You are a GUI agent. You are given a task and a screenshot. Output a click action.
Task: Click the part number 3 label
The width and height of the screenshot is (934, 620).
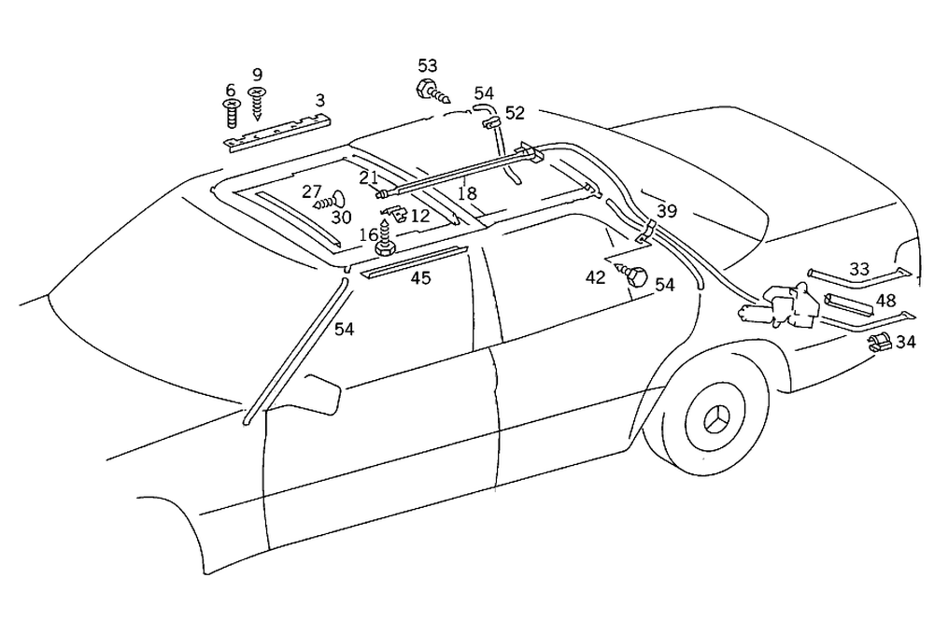point(320,100)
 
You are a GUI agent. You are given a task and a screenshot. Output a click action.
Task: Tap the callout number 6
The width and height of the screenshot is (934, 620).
point(230,91)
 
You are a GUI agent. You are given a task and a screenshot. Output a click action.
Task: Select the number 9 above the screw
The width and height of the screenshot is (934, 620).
point(257,74)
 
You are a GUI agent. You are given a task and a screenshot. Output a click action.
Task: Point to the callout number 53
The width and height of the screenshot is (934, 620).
point(427,65)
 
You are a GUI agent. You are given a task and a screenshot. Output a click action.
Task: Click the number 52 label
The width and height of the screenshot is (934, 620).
point(515,113)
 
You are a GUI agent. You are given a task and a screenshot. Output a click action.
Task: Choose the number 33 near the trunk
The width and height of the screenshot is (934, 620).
point(859,269)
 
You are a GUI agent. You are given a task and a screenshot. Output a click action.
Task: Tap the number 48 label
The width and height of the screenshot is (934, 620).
point(885,301)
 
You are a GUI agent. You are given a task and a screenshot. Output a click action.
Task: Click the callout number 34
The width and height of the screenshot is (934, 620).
point(905,342)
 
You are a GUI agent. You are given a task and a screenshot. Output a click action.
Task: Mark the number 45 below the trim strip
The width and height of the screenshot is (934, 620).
point(421,278)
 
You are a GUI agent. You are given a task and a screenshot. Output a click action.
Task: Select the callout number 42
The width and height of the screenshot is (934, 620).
point(595,276)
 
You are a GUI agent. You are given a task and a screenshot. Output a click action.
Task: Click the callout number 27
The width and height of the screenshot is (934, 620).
point(312,191)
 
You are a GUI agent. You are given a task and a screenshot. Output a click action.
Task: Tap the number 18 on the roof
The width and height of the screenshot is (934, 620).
point(467,193)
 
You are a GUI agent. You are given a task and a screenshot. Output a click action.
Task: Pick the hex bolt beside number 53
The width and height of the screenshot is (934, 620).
point(425,91)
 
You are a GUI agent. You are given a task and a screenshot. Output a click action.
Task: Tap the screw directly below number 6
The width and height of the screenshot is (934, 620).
point(230,115)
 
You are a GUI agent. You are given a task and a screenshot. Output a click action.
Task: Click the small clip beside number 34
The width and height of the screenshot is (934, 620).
point(878,342)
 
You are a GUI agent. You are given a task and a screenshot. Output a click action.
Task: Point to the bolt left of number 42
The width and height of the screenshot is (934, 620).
point(634,276)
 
